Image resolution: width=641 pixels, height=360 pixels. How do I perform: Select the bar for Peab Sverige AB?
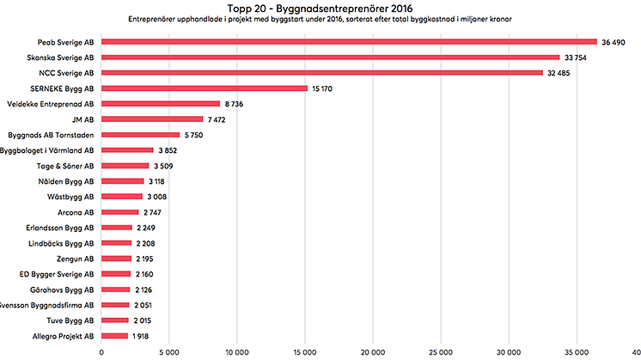pyautogui.click(x=349, y=41)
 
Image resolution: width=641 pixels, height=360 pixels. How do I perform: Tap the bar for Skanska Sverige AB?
pyautogui.click(x=331, y=58)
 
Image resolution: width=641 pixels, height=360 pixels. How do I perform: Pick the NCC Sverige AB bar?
pyautogui.click(x=322, y=72)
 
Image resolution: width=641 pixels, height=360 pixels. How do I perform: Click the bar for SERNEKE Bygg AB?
pyautogui.click(x=205, y=88)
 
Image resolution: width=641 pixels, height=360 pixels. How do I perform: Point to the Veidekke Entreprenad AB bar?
pyautogui.click(x=161, y=103)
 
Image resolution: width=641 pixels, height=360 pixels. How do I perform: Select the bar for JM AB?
pyautogui.click(x=152, y=119)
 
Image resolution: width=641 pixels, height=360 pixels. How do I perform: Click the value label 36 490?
pyautogui.click(x=619, y=41)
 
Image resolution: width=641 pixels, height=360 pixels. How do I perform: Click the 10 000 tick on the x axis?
pyautogui.click(x=237, y=351)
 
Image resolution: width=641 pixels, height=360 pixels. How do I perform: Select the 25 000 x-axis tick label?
pyautogui.click(x=441, y=351)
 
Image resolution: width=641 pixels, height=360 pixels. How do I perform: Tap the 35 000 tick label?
pyautogui.click(x=577, y=351)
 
